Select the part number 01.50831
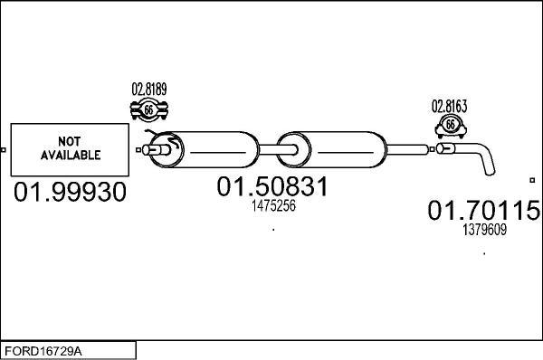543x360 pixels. tap(271, 188)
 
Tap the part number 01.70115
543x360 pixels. tap(483, 212)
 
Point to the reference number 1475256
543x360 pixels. tap(272, 206)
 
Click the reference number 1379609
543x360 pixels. tap(484, 230)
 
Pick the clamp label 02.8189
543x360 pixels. tap(149, 90)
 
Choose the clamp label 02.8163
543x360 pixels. tap(449, 106)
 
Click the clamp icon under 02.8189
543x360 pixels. tap(150, 110)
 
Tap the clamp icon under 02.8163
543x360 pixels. tap(450, 126)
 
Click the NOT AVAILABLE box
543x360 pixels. tap(69, 149)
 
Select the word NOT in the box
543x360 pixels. tap(69, 142)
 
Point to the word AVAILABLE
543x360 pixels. tap(69, 156)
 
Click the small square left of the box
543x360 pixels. tap(4, 149)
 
